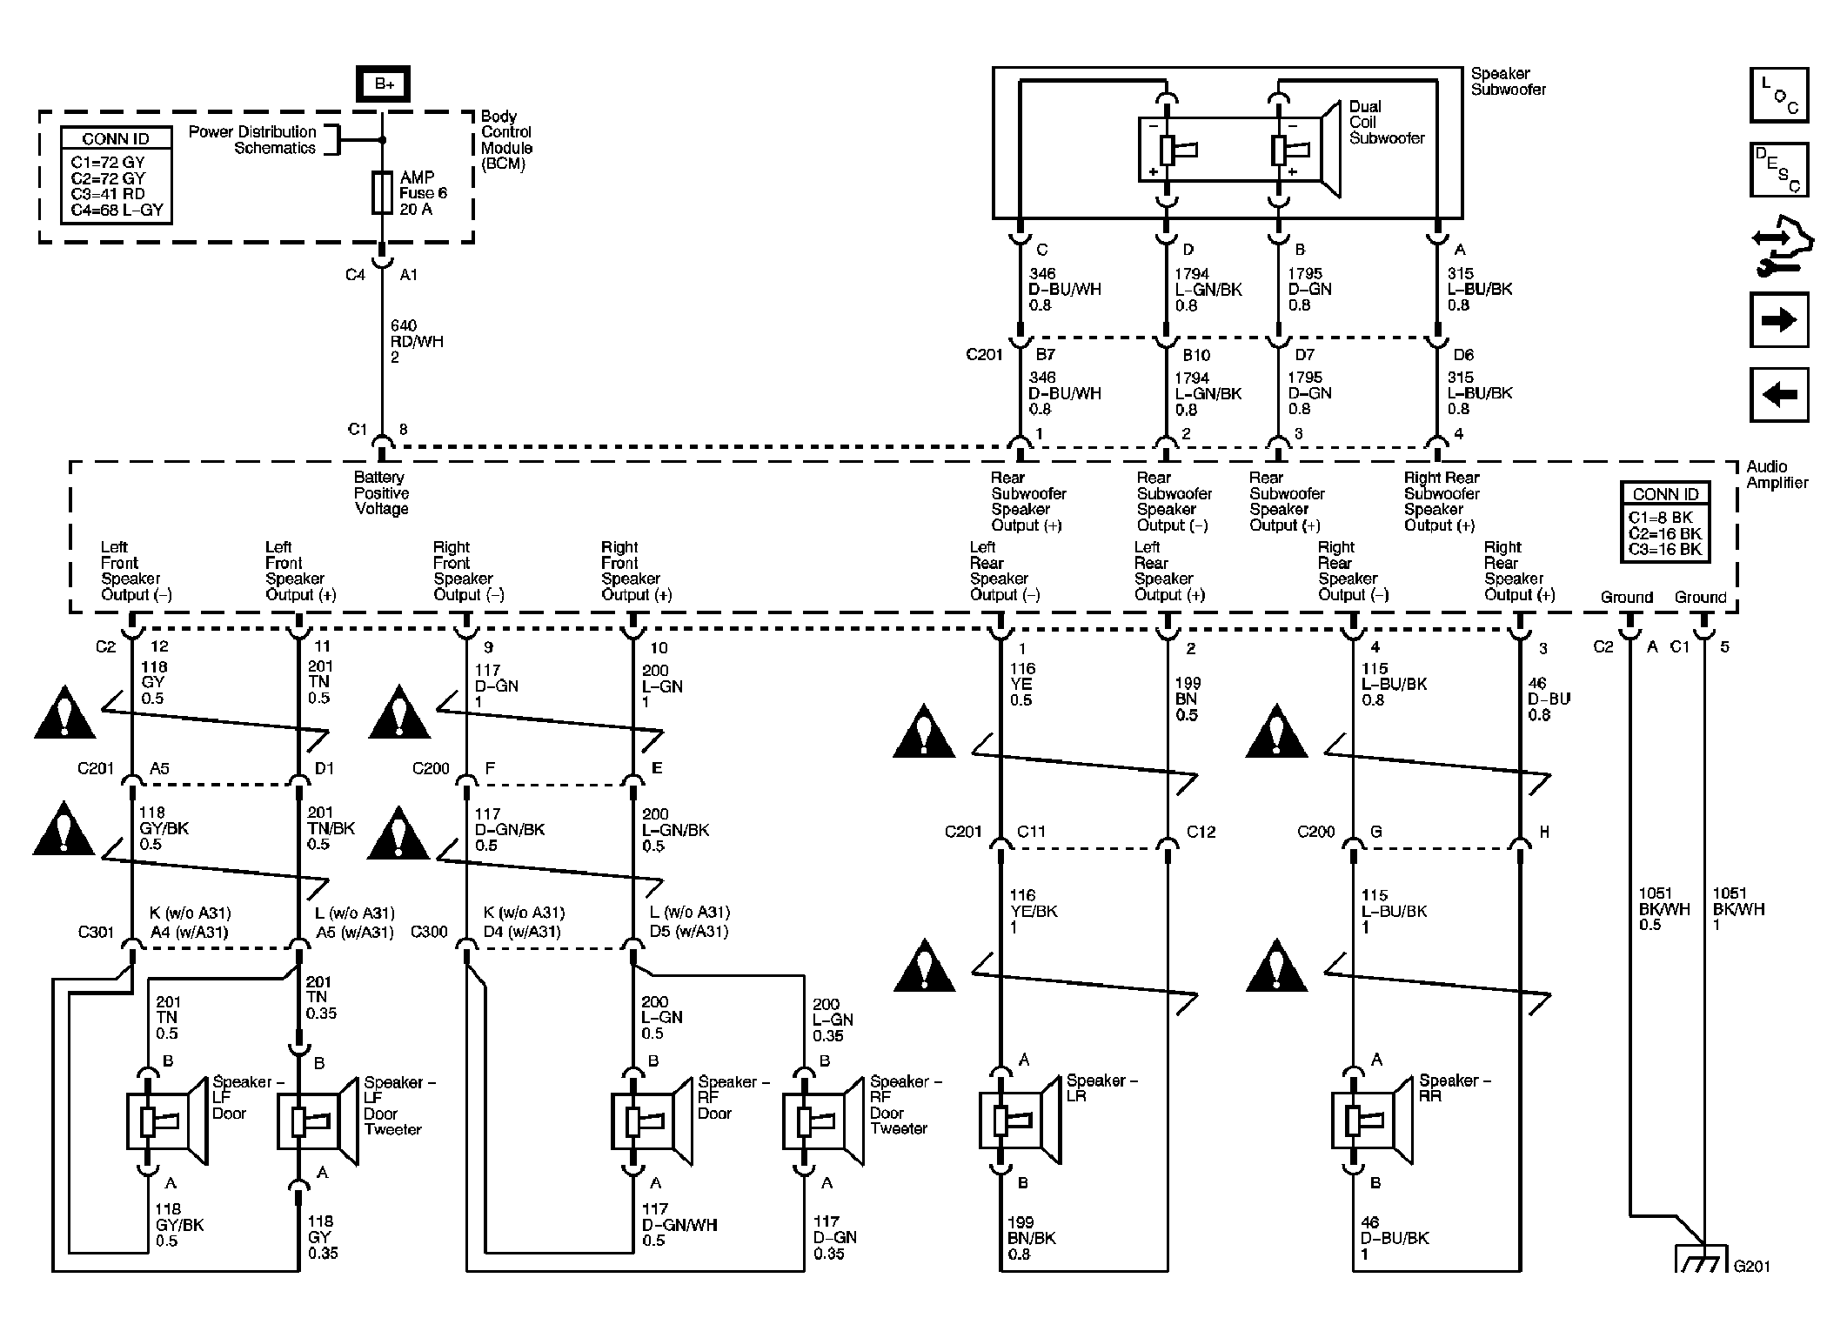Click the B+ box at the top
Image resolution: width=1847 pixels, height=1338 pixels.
pos(383,84)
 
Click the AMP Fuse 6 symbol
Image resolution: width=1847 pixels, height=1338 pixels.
pos(382,193)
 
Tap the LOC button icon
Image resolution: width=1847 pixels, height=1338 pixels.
pos(1779,95)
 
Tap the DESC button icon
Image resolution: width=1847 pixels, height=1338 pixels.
pos(1779,170)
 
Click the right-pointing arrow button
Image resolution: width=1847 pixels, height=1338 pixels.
pos(1779,320)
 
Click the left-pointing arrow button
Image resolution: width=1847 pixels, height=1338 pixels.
pos(1779,395)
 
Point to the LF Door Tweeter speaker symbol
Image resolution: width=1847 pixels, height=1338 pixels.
pos(318,1121)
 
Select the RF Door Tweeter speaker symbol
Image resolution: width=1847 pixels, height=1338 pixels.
pos(823,1121)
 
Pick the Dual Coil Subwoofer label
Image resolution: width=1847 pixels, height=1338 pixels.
pos(1386,123)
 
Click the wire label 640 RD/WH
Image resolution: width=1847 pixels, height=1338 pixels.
pos(416,341)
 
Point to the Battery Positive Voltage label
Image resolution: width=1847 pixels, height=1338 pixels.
pos(381,493)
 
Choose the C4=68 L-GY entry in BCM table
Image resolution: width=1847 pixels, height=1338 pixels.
pos(117,210)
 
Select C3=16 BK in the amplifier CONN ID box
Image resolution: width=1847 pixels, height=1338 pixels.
pos(1664,549)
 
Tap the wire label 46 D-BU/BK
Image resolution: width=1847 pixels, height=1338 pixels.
pos(1394,1237)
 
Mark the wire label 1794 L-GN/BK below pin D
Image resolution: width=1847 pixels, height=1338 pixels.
pos(1208,289)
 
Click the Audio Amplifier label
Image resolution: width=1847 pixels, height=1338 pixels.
pos(1777,475)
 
